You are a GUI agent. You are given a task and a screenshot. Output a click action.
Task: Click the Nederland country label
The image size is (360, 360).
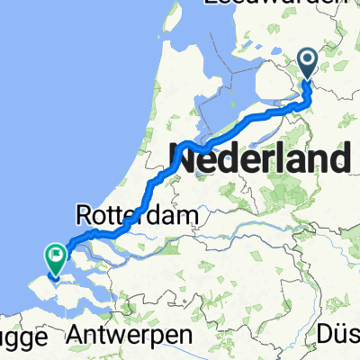[260, 162]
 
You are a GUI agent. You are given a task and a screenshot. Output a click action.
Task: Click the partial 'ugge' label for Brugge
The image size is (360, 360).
[20, 337]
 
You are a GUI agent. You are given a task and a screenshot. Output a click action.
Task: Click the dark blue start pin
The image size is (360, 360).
[307, 64]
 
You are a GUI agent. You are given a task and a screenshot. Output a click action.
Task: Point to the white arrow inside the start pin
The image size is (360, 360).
[307, 60]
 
